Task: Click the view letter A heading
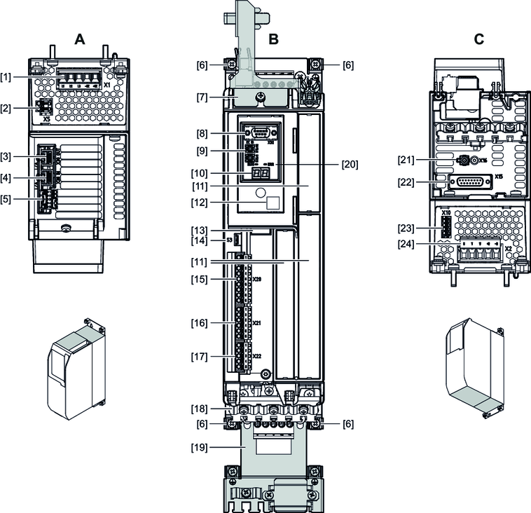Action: (80, 40)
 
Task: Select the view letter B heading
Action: (273, 40)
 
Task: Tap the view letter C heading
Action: (478, 40)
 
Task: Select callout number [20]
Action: (350, 165)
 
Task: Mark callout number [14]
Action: (209, 240)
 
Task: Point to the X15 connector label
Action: (499, 177)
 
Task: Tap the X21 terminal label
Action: (257, 323)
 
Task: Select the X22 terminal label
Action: (257, 357)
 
